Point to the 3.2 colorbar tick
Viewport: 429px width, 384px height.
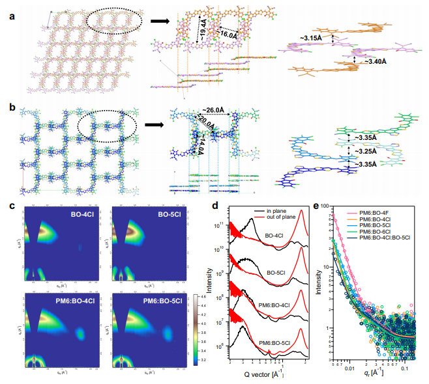tap(203, 357)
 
